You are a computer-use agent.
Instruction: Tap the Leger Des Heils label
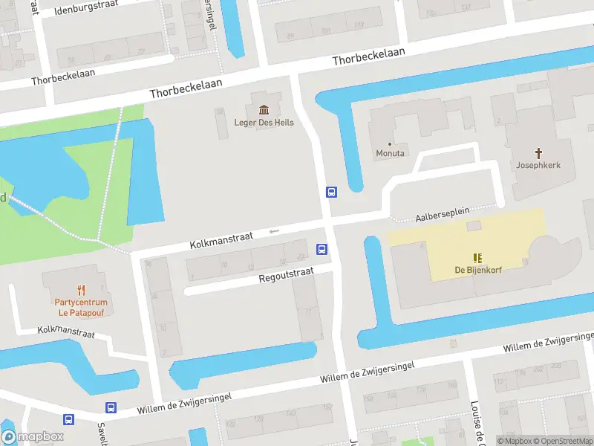point(264,123)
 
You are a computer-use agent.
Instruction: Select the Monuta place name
point(391,154)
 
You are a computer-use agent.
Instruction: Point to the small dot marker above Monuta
point(390,144)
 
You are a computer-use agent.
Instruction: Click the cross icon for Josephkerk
point(539,152)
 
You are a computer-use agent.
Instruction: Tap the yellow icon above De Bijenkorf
point(478,258)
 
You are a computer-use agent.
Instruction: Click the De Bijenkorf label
point(478,270)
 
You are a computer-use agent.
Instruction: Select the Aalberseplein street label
point(443,214)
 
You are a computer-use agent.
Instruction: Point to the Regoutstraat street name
point(286,277)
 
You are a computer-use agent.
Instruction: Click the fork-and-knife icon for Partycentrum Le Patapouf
point(81,291)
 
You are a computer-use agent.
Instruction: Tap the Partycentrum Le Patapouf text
point(81,308)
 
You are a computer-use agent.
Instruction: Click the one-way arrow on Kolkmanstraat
point(274,231)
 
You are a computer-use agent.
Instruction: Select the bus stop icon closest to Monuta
point(331,193)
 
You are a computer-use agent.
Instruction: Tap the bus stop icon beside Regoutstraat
point(322,249)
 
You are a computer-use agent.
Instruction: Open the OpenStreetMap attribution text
point(558,441)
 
